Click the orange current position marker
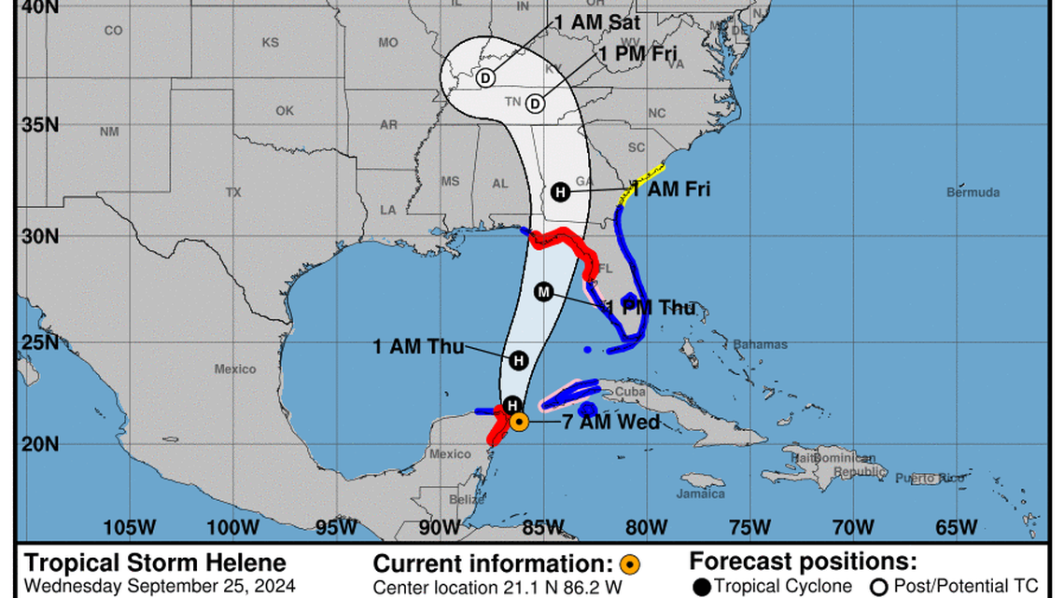520,422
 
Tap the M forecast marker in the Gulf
544,292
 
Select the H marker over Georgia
560,191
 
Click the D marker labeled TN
535,103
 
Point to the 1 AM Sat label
598,21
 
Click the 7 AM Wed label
611,422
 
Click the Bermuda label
973,192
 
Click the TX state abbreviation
233,192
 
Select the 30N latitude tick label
40,236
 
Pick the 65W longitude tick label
956,527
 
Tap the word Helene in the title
241,563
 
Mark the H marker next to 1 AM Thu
519,360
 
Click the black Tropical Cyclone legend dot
702,586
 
